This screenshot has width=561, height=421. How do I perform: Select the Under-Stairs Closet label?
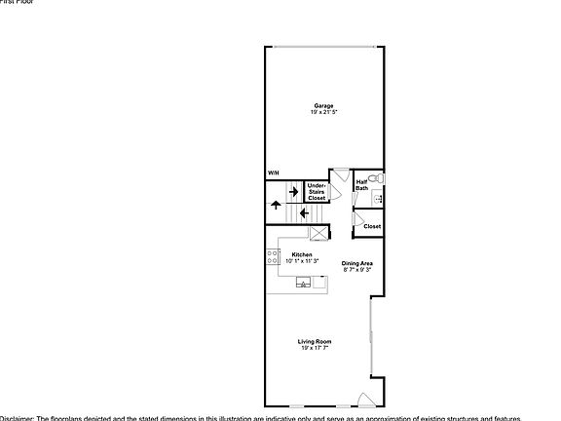pyautogui.click(x=317, y=191)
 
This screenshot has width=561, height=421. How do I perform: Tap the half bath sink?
pyautogui.click(x=379, y=199)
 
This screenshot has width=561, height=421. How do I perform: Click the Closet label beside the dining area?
pyautogui.click(x=372, y=227)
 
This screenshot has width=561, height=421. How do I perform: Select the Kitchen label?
pyautogui.click(x=302, y=254)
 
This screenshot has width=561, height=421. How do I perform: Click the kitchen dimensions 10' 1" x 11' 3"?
pyautogui.click(x=302, y=261)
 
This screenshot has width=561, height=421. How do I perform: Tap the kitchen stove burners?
pyautogui.click(x=273, y=258)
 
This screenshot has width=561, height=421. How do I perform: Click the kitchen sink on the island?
pyautogui.click(x=305, y=284)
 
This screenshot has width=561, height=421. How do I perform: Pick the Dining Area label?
pyautogui.click(x=357, y=262)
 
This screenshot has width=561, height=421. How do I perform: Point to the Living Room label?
pyautogui.click(x=315, y=341)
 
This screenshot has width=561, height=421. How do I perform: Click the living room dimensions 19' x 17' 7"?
pyautogui.click(x=315, y=348)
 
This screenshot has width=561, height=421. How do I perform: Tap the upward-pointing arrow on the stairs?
pyautogui.click(x=277, y=207)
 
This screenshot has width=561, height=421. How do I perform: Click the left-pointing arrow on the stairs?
pyautogui.click(x=304, y=211)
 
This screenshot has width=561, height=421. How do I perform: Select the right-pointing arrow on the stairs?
pyautogui.click(x=292, y=191)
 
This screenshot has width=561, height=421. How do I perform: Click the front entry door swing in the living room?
pyautogui.click(x=365, y=399)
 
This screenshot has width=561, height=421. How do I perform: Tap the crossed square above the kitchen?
pyautogui.click(x=318, y=234)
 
